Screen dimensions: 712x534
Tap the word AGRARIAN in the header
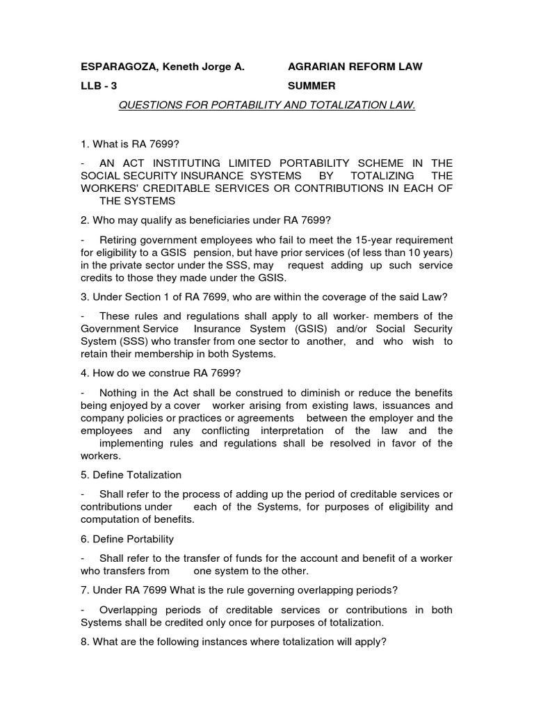click(314, 67)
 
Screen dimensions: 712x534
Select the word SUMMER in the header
click(311, 86)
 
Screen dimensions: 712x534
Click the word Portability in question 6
click(147, 539)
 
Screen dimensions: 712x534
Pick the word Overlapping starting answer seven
click(129, 610)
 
